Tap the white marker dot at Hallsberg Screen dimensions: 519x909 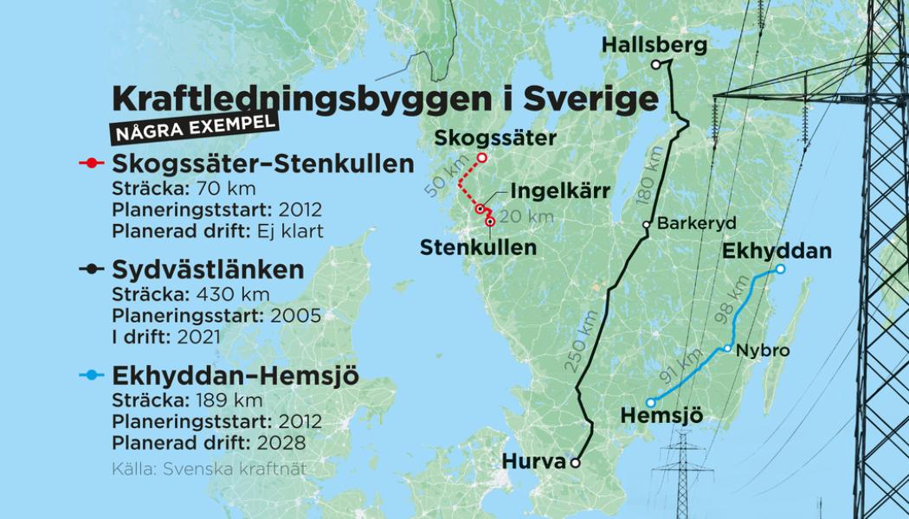[x=656, y=65]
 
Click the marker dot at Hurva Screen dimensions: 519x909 [x=574, y=464]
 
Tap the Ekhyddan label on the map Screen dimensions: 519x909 [x=776, y=251]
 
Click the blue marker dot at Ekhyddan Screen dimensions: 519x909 [x=780, y=269]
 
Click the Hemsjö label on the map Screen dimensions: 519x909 [x=661, y=417]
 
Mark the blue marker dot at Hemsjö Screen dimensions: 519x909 [x=650, y=402]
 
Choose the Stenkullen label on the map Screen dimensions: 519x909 [x=478, y=247]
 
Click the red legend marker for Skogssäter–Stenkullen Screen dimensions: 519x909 [x=90, y=163]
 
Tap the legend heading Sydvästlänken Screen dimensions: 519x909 [x=208, y=270]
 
